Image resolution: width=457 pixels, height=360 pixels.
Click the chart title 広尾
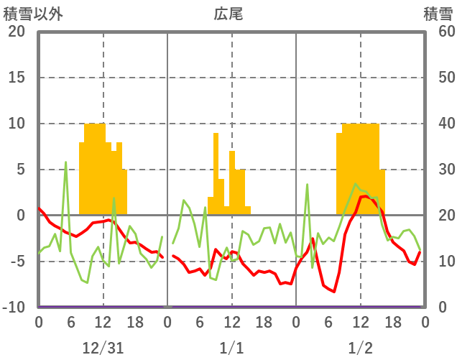pos(228,14)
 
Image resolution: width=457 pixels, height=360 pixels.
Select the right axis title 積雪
pos(438,14)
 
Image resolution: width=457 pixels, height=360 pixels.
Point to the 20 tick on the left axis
pos(16,32)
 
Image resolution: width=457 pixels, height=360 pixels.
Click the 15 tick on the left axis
pos(16,78)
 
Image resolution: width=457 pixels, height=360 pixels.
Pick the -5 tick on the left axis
pos(16,262)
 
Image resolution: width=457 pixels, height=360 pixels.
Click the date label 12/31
pos(103,348)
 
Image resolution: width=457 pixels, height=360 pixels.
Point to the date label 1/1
pos(231,348)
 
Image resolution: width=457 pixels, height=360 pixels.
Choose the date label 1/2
pos(360,348)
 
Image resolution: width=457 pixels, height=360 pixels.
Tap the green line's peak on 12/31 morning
pos(65,162)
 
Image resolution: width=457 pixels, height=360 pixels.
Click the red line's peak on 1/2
pos(365,195)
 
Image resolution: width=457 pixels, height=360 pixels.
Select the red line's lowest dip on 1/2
pos(334,291)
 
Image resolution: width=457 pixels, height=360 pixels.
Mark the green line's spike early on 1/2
pos(307,185)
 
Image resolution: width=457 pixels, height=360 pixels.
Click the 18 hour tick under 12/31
pos(135,322)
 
